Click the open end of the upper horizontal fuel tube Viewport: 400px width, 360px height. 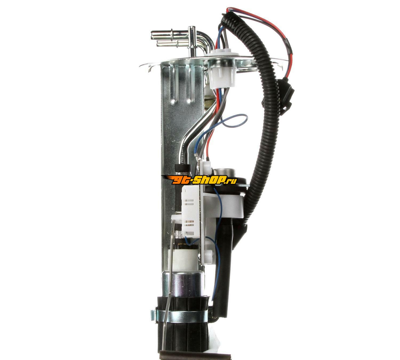click(152, 35)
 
